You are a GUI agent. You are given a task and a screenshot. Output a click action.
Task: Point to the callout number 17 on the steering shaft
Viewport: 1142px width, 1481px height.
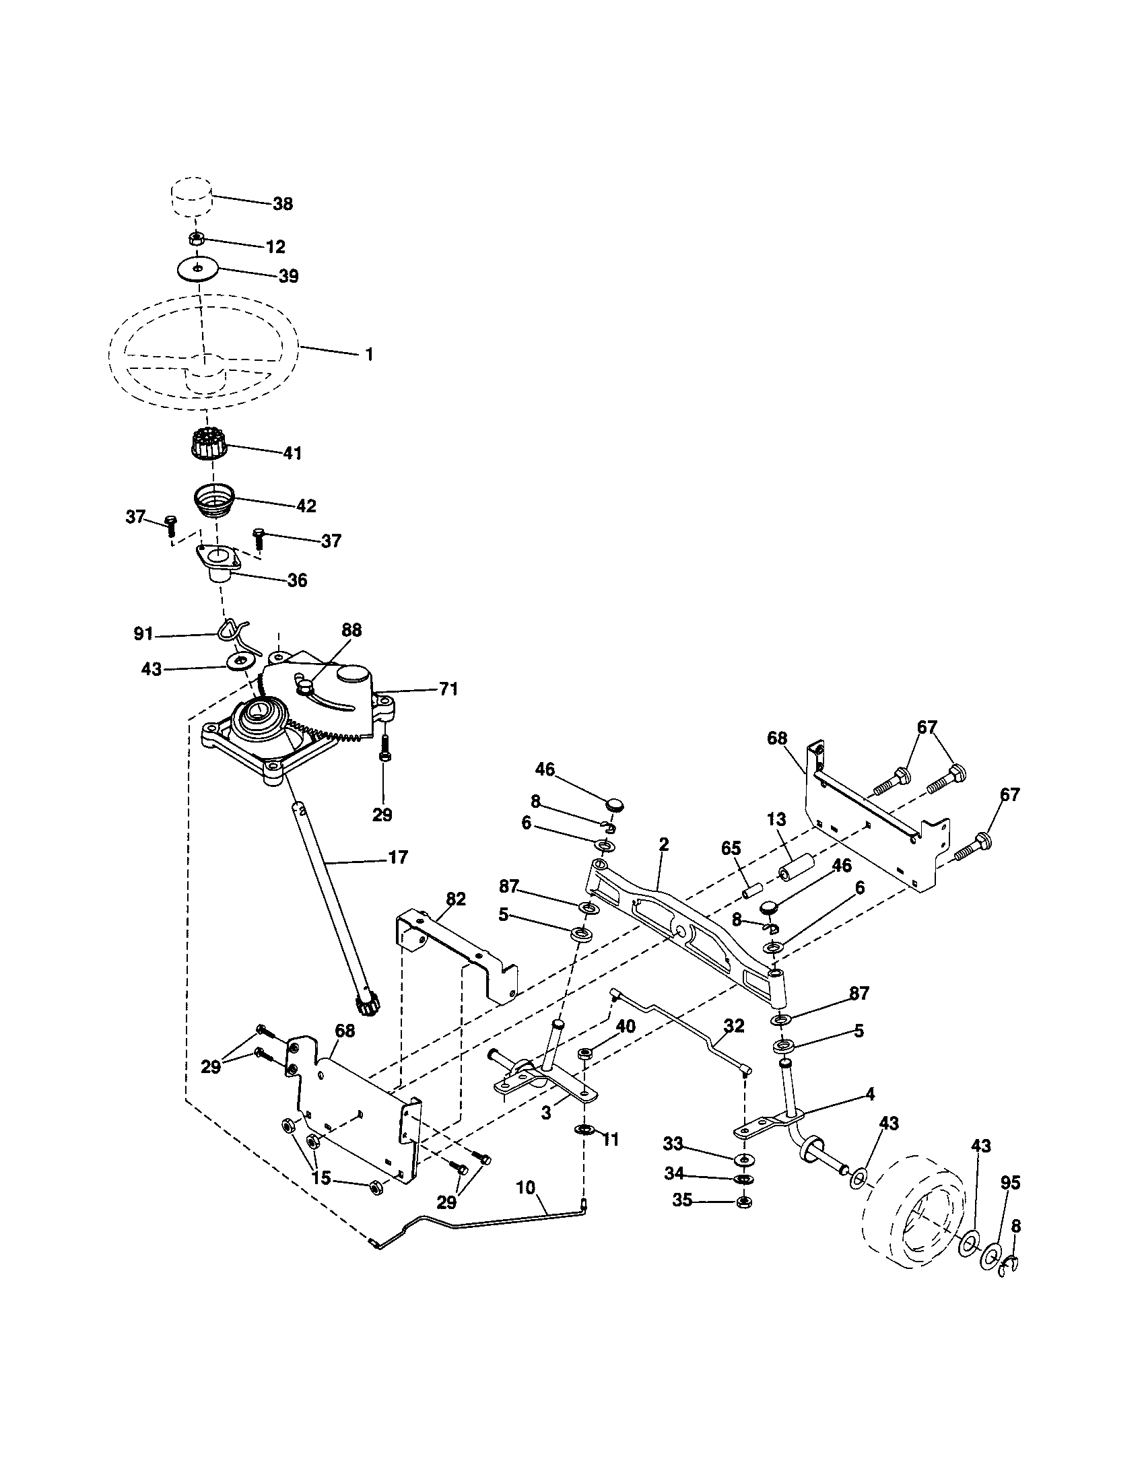tap(398, 857)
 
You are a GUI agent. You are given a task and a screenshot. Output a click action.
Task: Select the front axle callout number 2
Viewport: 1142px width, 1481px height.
tap(663, 844)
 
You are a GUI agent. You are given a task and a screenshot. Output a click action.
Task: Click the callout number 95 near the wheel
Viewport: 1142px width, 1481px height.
tap(1010, 1183)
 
